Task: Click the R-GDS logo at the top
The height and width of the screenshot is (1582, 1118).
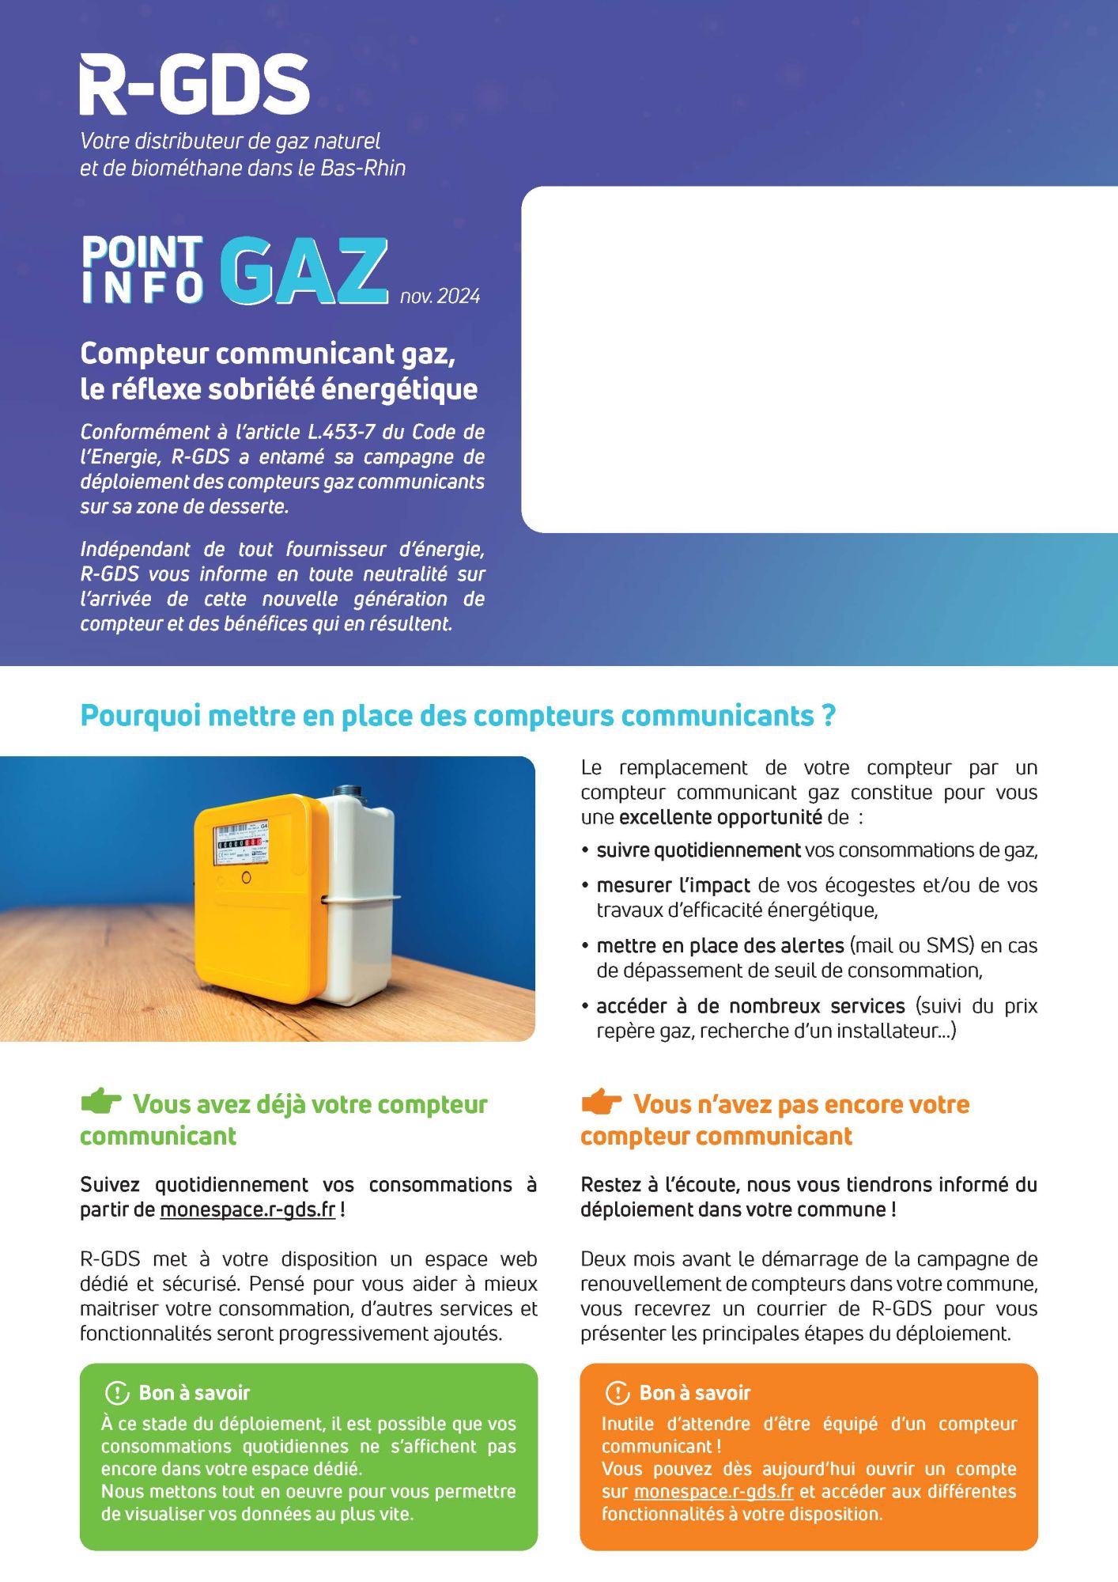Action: [x=194, y=85]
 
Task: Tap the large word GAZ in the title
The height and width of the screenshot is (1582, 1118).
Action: [x=304, y=271]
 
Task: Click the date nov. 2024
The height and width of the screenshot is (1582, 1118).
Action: [x=440, y=296]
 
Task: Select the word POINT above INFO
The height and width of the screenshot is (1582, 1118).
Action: [x=142, y=252]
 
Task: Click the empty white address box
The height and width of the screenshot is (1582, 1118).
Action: [x=818, y=359]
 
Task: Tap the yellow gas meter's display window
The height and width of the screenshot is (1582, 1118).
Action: [x=243, y=843]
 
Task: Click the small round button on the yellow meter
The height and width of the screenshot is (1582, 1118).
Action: [x=246, y=877]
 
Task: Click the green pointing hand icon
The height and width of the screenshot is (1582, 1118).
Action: [x=100, y=1100]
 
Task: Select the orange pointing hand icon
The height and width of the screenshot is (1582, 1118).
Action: [x=601, y=1100]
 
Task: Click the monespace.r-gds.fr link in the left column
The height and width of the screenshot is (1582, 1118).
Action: [x=247, y=1210]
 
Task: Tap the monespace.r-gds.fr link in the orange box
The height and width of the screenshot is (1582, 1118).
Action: [x=713, y=1491]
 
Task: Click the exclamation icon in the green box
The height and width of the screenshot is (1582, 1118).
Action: [x=116, y=1392]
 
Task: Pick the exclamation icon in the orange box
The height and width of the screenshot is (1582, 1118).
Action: [x=617, y=1392]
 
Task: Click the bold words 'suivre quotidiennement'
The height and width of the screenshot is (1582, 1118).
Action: [x=698, y=850]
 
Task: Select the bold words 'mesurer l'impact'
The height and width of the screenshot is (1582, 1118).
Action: [x=673, y=885]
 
